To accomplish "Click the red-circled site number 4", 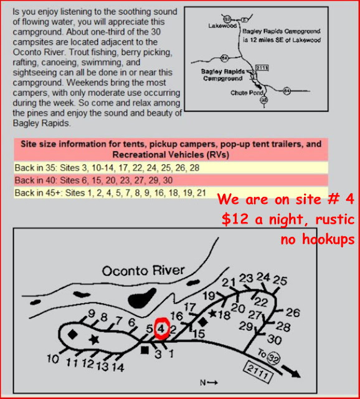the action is [161, 329].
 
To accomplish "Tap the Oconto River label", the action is [143, 271].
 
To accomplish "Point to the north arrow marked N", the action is [209, 382].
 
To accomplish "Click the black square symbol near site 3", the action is [144, 350].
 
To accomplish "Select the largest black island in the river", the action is [142, 298].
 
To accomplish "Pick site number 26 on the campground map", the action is [293, 312].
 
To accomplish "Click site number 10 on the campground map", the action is [53, 359].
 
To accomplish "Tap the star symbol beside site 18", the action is [212, 314].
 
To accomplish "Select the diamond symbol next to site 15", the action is [202, 322].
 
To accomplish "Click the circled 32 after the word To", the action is [274, 358].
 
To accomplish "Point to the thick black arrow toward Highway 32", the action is [291, 372].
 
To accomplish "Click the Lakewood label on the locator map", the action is [222, 26].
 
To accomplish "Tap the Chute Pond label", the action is [247, 93].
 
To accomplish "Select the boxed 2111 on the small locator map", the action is [262, 68].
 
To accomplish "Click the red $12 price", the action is [235, 219].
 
